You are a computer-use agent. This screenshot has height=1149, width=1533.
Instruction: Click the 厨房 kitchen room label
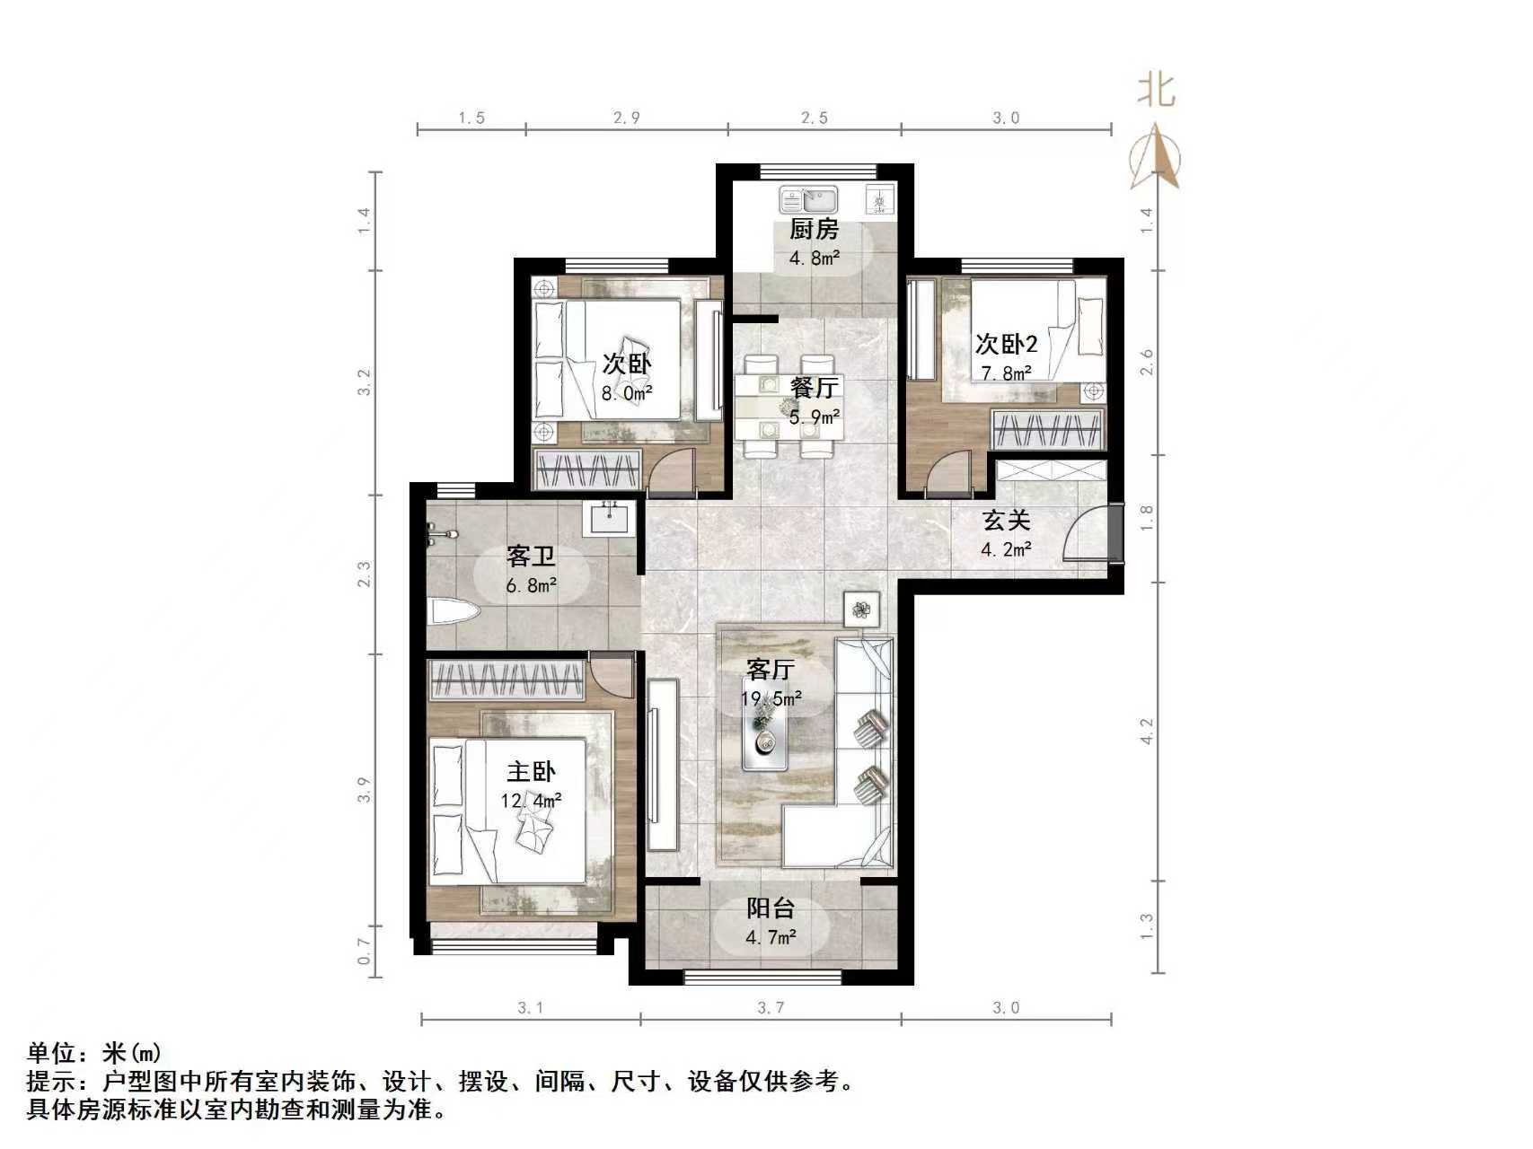pos(814,230)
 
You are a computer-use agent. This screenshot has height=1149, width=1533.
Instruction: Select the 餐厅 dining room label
pos(815,388)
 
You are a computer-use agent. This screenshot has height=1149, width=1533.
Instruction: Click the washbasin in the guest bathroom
pos(610,518)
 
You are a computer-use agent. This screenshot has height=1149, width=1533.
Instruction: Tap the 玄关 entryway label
pos(1005,521)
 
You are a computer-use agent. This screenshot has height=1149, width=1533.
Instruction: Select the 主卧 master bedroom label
pos(531,771)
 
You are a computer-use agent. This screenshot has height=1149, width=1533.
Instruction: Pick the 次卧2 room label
pos(1006,344)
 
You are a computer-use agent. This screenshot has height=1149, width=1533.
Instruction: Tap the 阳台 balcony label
pos(771,908)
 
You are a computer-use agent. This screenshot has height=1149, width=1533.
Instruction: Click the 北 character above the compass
pos(1157,91)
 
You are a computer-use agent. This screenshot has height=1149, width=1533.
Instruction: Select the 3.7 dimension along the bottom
pos(770,1008)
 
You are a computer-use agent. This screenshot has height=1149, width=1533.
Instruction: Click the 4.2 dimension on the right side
pos(1146,732)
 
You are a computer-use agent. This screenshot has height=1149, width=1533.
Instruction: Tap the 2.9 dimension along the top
pos(626,118)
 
